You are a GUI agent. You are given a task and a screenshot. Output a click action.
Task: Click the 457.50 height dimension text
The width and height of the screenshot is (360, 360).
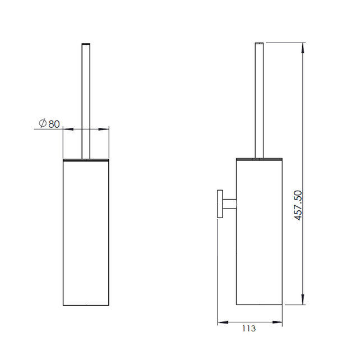tap(298, 205)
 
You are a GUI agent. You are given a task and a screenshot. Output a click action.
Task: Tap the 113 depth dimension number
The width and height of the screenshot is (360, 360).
tap(249, 329)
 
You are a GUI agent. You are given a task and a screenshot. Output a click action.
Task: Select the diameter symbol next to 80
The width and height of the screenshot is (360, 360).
tap(43, 123)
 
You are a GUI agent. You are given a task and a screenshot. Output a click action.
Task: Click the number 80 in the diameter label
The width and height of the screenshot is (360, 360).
tap(54, 124)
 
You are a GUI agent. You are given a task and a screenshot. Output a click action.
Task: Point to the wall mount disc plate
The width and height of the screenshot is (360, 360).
tap(220, 204)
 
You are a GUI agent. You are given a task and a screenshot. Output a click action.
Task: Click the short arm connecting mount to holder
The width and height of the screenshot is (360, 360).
tap(229, 204)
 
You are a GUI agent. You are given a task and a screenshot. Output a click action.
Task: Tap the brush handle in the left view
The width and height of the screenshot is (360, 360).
tap(86, 101)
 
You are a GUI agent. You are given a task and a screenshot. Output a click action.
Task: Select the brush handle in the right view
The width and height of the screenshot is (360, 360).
tap(259, 100)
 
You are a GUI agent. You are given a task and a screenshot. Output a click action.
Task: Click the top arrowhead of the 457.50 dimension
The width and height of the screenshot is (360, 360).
tap(303, 48)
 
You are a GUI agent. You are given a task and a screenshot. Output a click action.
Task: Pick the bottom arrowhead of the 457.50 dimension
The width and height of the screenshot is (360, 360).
tap(303, 299)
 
